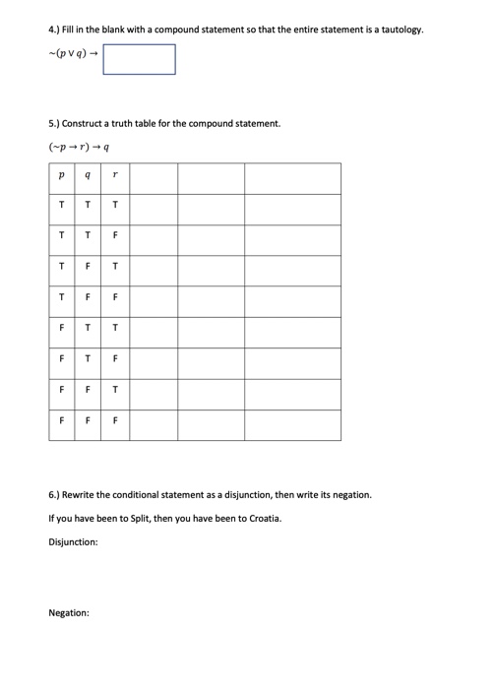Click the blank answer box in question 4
click(x=139, y=59)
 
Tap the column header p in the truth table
click(x=61, y=178)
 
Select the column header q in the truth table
click(x=89, y=178)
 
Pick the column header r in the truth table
click(x=116, y=178)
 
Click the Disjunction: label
click(x=73, y=541)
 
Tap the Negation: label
click(x=69, y=612)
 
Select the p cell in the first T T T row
click(x=61, y=206)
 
